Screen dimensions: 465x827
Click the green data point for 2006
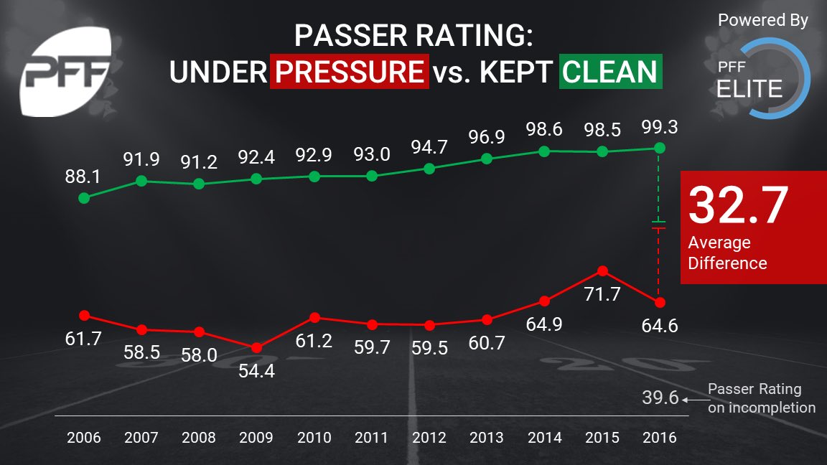coord(84,197)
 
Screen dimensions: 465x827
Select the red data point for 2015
coord(603,271)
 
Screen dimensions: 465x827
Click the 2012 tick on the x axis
coord(429,438)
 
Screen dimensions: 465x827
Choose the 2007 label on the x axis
coord(141,438)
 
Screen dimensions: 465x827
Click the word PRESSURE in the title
coord(350,72)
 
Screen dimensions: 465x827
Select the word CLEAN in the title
coord(610,72)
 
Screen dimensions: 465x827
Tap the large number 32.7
coord(738,205)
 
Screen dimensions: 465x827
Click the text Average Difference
coord(726,253)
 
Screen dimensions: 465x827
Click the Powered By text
coord(762,21)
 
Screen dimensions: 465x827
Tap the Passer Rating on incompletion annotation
coord(761,398)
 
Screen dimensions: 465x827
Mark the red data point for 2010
coord(314,318)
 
